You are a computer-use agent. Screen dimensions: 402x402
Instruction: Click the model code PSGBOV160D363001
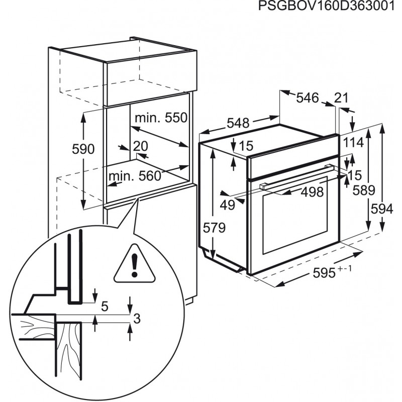326,6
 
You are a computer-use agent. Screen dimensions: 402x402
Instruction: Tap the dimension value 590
83,149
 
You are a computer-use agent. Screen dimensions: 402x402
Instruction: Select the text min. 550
161,118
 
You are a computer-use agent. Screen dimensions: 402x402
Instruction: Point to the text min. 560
135,176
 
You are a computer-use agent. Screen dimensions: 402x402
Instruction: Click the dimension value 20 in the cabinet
141,146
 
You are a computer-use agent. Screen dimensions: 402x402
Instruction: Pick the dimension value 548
238,123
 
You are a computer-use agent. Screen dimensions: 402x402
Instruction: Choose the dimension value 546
308,97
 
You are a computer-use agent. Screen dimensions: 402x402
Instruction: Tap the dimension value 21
342,97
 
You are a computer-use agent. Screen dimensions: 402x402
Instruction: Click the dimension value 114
353,143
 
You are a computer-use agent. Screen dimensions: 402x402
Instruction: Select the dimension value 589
364,190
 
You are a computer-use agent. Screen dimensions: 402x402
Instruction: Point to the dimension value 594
382,209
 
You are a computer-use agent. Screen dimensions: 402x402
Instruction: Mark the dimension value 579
214,228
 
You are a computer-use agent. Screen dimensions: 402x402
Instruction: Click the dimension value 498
312,192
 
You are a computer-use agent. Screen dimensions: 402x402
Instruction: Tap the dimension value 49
228,205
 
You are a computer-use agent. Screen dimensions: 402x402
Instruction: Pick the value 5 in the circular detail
105,306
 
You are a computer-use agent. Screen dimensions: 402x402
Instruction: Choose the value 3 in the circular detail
137,319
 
